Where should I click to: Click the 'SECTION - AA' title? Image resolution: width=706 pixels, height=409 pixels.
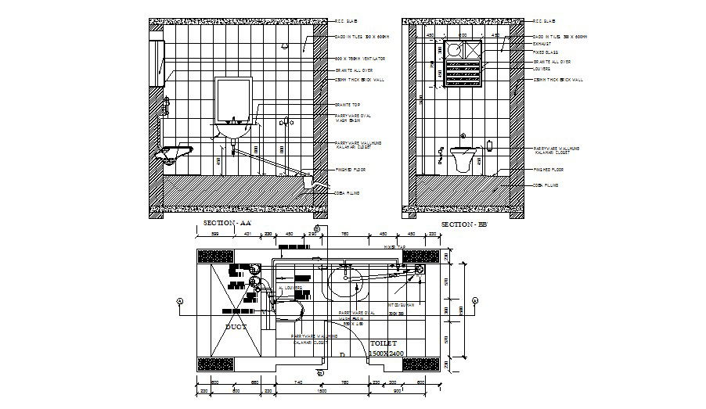[x=227, y=224]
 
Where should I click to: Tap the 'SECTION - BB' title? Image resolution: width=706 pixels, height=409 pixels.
[x=464, y=224]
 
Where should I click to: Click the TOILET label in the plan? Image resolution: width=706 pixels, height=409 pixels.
[x=384, y=343]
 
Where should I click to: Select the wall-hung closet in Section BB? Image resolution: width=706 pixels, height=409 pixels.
[x=463, y=158]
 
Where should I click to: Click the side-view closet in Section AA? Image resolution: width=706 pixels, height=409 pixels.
[x=178, y=150]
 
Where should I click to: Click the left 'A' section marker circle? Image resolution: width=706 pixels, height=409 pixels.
[x=180, y=300]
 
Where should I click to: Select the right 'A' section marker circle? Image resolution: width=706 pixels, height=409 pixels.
[x=476, y=300]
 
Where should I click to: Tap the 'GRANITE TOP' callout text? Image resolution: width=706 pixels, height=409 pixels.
[x=346, y=104]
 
